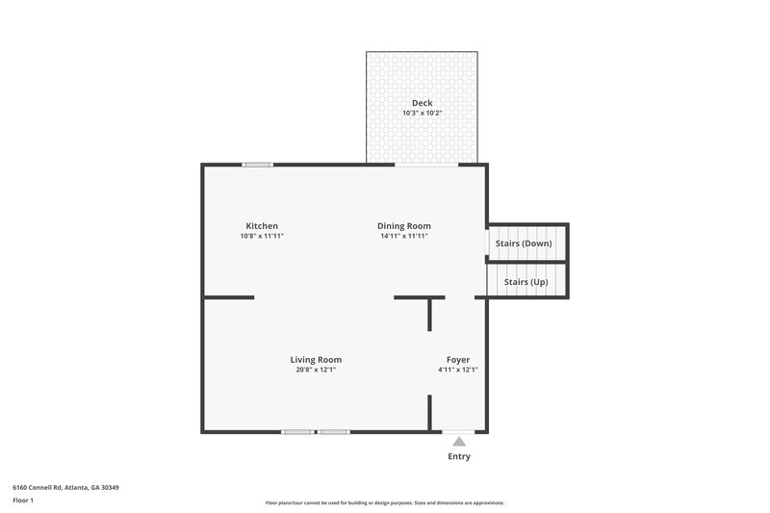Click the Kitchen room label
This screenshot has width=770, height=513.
[x=262, y=226]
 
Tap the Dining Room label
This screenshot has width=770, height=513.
[x=402, y=226]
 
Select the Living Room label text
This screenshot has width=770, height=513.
[x=316, y=360]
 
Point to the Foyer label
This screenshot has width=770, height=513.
[x=457, y=360]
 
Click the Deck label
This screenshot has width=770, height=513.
[x=422, y=103]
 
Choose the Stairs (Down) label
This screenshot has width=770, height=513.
[x=524, y=244]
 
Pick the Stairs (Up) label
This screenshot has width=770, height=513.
[x=526, y=282]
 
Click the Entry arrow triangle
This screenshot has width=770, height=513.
[x=459, y=442]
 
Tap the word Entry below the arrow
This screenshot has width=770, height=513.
[x=459, y=456]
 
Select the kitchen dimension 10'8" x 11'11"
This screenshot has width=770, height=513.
[x=262, y=236]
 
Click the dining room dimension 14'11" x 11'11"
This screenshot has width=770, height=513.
[x=402, y=236]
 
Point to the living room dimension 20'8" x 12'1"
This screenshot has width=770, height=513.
[x=316, y=370]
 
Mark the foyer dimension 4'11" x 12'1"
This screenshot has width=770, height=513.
[x=457, y=370]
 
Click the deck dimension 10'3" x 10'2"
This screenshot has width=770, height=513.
[x=422, y=113]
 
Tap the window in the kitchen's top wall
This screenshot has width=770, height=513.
[x=257, y=165]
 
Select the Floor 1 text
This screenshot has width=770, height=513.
[x=23, y=501]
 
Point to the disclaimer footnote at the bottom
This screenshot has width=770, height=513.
[x=385, y=502]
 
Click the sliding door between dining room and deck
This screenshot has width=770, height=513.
[x=426, y=165]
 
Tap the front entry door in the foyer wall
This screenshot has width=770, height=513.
[x=458, y=432]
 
